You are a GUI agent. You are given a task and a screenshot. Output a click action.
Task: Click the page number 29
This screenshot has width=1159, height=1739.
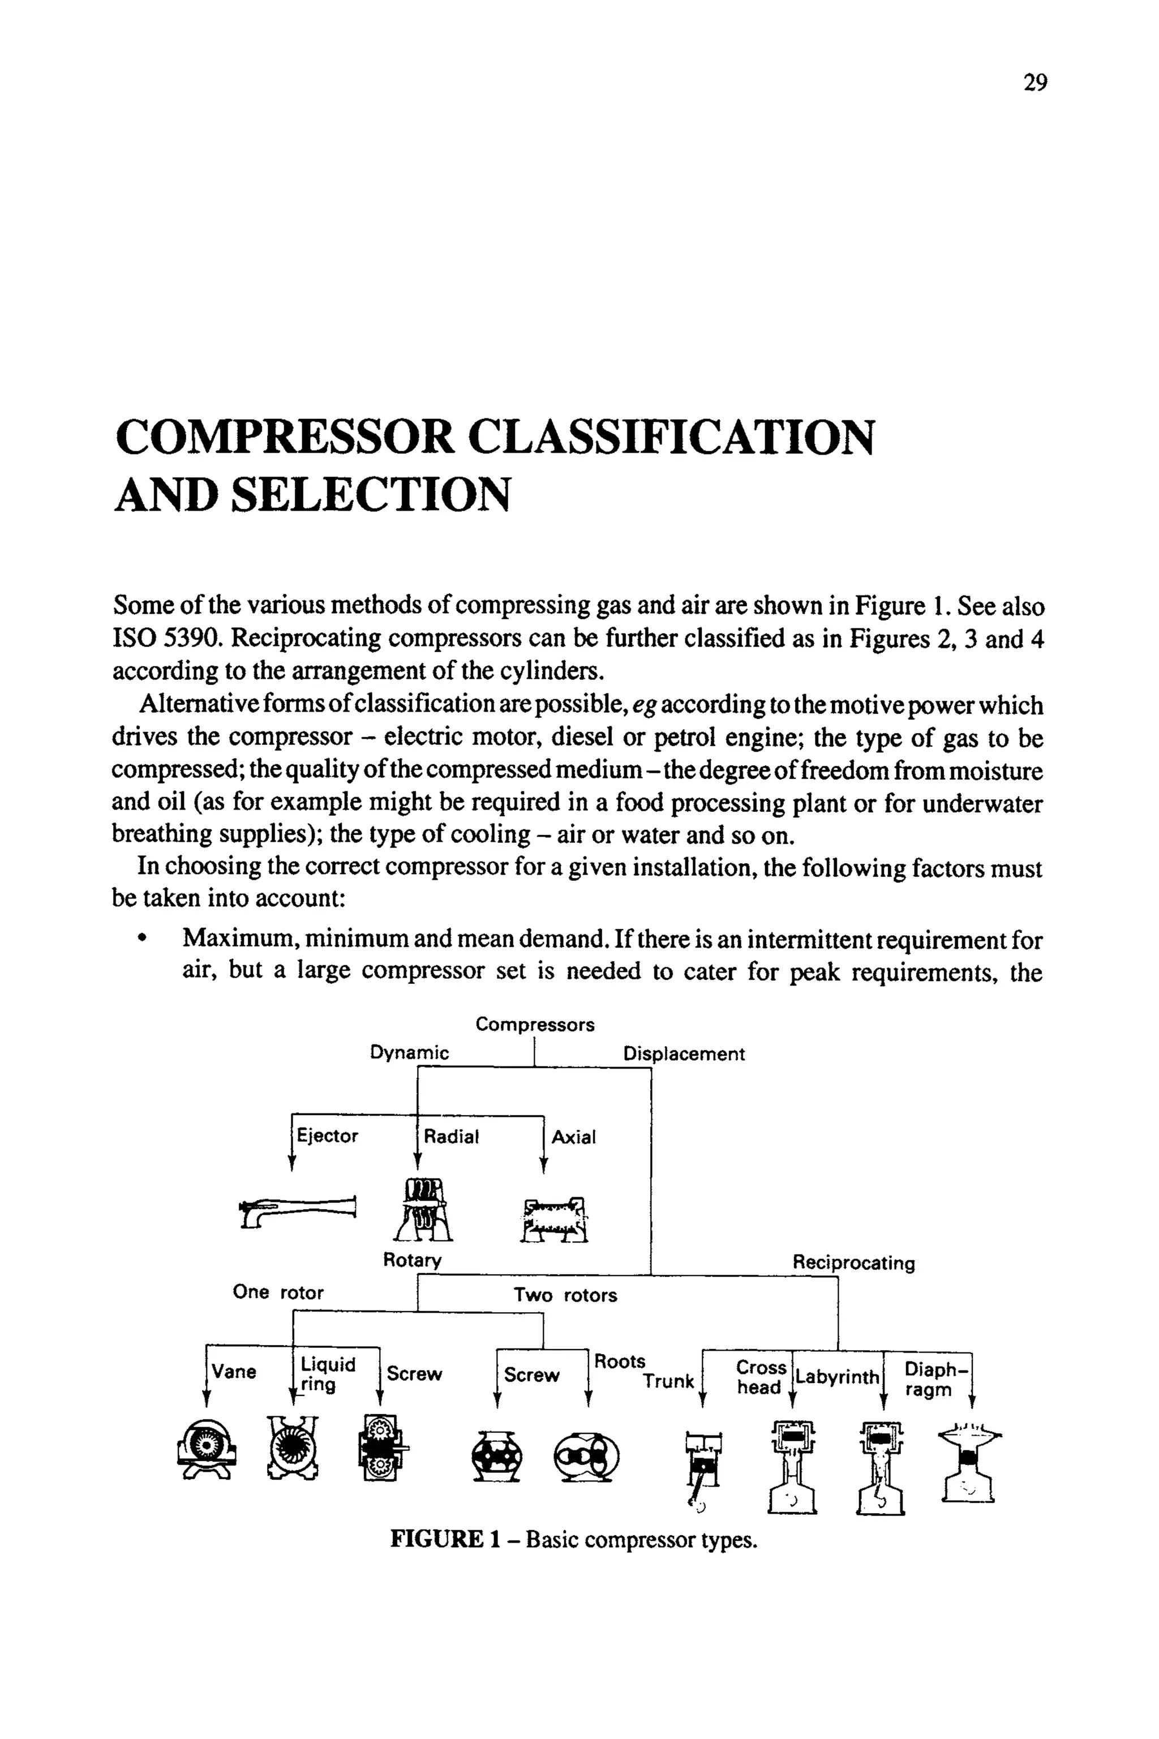tap(1035, 82)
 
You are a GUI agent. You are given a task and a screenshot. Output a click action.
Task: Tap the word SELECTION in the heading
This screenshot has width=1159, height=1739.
tap(371, 495)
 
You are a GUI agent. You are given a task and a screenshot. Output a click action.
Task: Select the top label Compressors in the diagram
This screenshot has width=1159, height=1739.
tap(534, 1024)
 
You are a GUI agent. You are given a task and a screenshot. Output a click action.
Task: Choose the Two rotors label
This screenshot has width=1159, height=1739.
tap(565, 1295)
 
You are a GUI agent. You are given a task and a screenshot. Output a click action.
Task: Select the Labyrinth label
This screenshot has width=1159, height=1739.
tap(837, 1377)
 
